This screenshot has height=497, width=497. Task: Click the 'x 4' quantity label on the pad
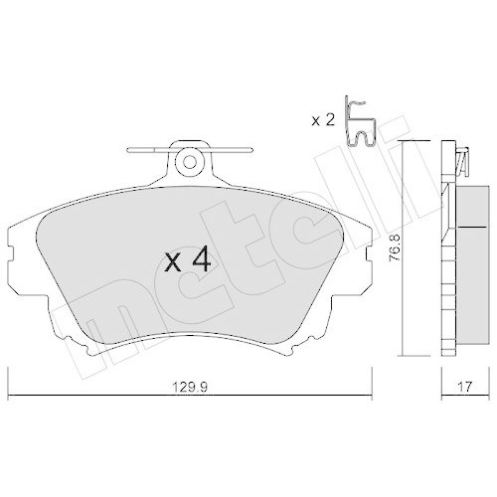[x=186, y=260]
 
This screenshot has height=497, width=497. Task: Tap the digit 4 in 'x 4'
[x=200, y=260]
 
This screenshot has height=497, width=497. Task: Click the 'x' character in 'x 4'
[x=171, y=262]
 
